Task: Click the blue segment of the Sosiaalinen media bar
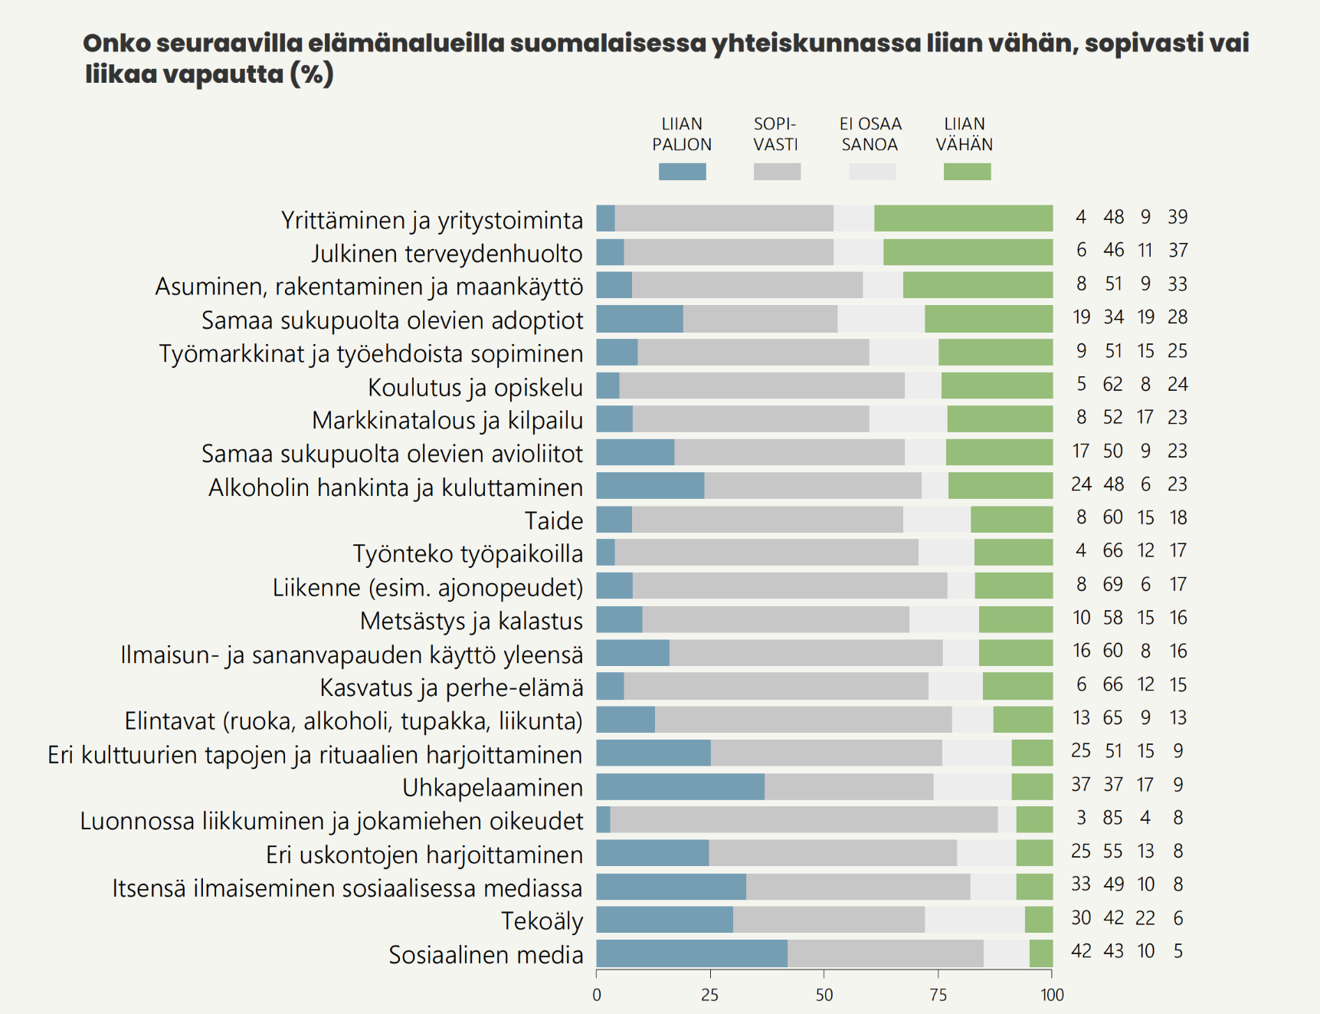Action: click(x=692, y=953)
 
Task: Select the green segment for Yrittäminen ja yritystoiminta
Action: click(x=963, y=218)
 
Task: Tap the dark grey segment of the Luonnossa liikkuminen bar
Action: click(x=804, y=819)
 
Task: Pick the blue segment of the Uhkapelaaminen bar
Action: click(x=680, y=786)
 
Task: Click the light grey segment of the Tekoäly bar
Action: click(x=974, y=920)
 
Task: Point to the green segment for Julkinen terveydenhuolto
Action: click(x=968, y=252)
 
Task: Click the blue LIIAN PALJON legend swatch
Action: click(x=682, y=172)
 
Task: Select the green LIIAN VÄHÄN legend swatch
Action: click(x=967, y=172)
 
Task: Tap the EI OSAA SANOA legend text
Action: click(x=870, y=134)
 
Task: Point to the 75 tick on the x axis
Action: click(x=938, y=995)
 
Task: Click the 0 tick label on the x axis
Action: click(x=597, y=995)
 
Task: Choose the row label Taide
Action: click(x=554, y=520)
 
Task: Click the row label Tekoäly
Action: click(x=542, y=920)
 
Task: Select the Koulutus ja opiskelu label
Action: click(x=475, y=387)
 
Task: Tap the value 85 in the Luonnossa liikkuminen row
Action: click(x=1112, y=818)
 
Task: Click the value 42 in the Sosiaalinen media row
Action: click(x=1081, y=951)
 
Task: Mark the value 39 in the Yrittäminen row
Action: click(x=1178, y=217)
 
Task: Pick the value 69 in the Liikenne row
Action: click(x=1112, y=584)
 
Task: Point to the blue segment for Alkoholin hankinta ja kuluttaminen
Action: click(x=650, y=486)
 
